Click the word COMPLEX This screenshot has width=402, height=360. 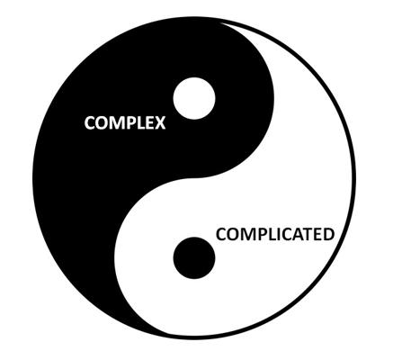[x=125, y=123]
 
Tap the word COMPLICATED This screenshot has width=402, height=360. [x=275, y=234]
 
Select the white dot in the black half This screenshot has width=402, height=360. [x=194, y=98]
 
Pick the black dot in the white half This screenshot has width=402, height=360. [x=194, y=258]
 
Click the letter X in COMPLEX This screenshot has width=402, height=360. [x=160, y=123]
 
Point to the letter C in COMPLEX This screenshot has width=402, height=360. [x=90, y=123]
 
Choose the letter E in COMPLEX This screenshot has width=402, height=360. [x=150, y=123]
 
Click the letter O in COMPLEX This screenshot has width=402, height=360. [x=103, y=123]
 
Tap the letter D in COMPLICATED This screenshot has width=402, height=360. [x=328, y=234]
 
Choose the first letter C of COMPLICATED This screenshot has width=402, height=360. [x=221, y=234]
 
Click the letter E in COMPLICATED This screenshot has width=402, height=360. [x=317, y=234]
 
